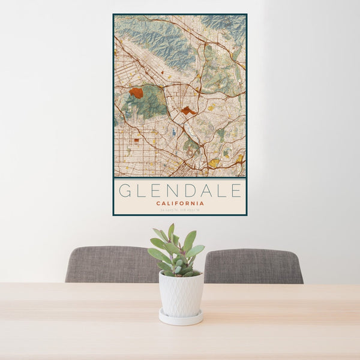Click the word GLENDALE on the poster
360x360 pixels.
[180, 191]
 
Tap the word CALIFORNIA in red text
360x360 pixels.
[180, 203]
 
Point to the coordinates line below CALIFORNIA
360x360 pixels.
[180, 210]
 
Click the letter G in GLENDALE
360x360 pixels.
[124, 191]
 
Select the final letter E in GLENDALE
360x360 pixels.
[236, 191]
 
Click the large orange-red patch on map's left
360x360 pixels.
[136, 93]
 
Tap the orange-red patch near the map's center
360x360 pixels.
[188, 110]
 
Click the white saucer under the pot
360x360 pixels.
[181, 317]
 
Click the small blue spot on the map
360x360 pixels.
[173, 131]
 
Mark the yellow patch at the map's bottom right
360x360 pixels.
[213, 163]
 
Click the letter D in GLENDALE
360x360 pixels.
[180, 191]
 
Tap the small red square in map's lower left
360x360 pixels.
[136, 140]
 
